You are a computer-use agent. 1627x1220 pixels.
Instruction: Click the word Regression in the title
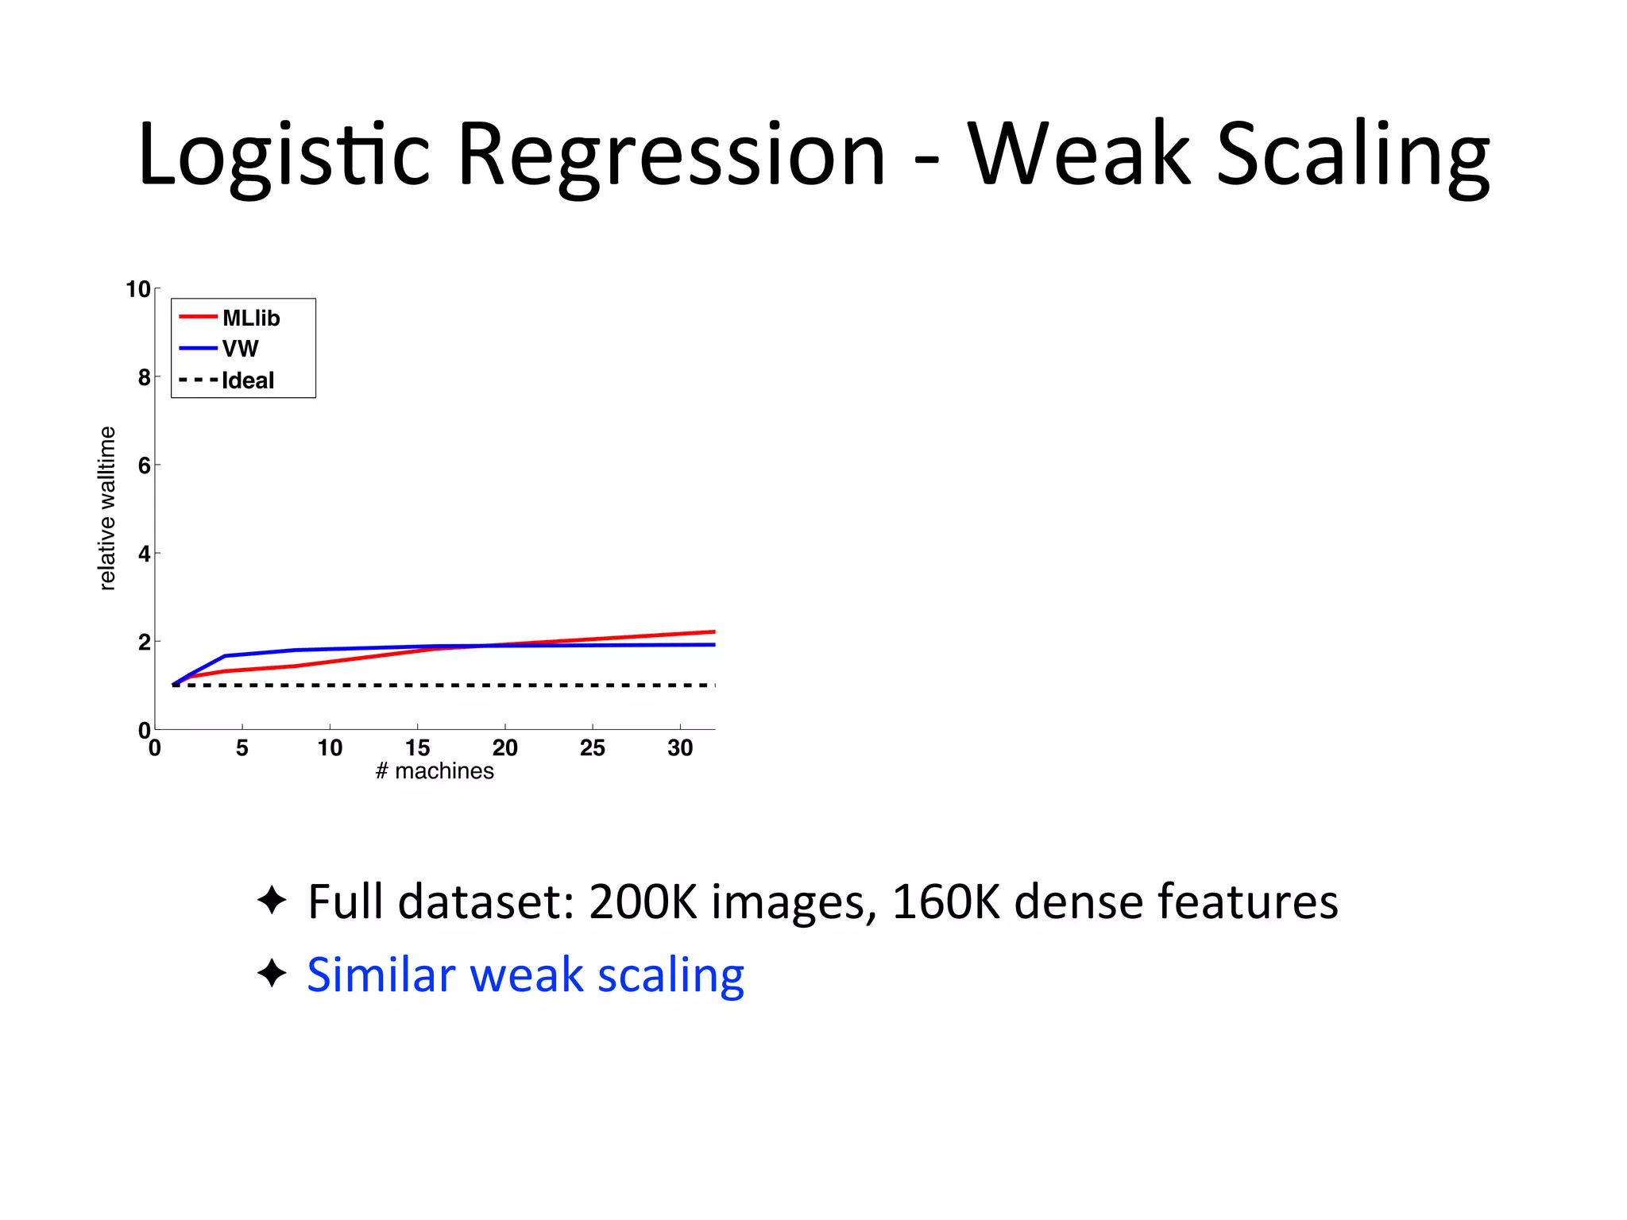[671, 155]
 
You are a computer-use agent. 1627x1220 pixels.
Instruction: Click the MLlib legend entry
[250, 318]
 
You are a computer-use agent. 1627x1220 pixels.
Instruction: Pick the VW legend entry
[240, 349]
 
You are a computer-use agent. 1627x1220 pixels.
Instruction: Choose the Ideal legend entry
[247, 380]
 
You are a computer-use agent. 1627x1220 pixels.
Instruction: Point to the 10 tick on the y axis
[137, 289]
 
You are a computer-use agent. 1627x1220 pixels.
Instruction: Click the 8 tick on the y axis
[144, 377]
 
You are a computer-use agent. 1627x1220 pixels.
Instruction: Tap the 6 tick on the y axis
[144, 465]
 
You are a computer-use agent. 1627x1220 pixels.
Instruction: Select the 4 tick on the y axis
[144, 554]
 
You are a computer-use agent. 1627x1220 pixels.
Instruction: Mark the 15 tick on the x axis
[417, 747]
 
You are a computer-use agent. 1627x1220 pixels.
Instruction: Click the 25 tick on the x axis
[592, 747]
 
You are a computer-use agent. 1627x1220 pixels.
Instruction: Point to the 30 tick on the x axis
[680, 747]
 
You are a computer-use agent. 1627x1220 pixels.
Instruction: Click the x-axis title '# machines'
[435, 771]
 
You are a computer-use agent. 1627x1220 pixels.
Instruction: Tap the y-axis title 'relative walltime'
[107, 508]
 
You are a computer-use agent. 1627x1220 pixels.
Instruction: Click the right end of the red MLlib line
[713, 632]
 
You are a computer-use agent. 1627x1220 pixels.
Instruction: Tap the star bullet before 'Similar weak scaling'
[272, 973]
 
